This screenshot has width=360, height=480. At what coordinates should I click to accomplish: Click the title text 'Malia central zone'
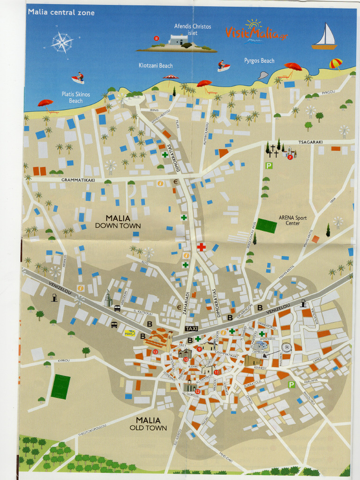tap(61, 13)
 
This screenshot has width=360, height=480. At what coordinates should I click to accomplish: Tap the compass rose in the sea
tap(62, 43)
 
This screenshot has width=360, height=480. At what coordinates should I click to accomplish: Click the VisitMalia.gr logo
tap(256, 32)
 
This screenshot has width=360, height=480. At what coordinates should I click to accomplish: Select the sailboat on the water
tap(325, 37)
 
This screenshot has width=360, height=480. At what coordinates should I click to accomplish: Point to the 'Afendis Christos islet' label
tap(192, 30)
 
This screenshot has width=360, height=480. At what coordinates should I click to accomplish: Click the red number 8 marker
tap(157, 38)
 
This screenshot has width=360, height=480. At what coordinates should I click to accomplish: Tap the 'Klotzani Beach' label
tap(156, 66)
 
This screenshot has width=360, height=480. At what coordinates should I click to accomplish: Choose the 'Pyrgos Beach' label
tap(259, 61)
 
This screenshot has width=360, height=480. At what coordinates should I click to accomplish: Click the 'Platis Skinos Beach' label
tap(76, 97)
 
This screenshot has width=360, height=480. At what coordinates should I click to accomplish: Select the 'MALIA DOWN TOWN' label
tap(118, 221)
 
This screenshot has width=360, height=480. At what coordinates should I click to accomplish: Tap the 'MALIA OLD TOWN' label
tap(148, 424)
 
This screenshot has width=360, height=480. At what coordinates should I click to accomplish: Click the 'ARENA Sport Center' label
tap(292, 220)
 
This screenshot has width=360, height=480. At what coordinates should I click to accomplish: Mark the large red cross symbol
tap(201, 247)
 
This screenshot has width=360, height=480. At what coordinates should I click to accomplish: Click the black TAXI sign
tap(192, 329)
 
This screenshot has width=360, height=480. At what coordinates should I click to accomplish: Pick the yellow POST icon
tap(129, 333)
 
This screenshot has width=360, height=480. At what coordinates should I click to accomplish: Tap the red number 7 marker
tap(290, 157)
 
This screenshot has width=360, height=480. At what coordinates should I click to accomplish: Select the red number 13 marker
tap(155, 352)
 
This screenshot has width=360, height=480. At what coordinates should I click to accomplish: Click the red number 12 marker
tap(198, 391)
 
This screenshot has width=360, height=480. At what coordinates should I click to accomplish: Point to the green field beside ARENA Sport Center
tap(266, 225)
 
